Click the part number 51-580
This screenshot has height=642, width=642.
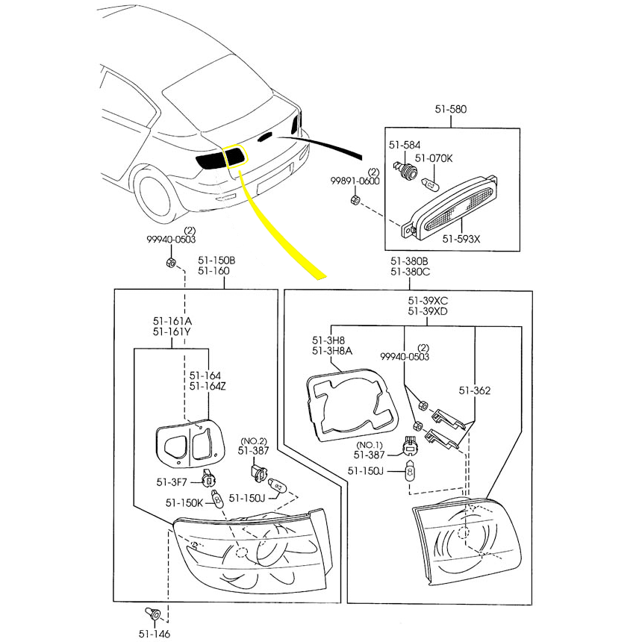pos(450,109)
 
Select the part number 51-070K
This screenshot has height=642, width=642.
pos(434,158)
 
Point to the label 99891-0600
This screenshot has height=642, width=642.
pos(355,181)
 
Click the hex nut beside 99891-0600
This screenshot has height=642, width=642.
pos(356,199)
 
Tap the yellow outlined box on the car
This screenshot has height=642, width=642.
pos(234,155)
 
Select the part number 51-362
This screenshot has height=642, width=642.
pos(474,390)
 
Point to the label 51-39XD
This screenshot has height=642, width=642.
pos(428,311)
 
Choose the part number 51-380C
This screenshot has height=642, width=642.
pos(410,272)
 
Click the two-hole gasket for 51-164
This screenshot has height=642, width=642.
pos(185,444)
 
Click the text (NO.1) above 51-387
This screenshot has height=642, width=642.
pos(369,444)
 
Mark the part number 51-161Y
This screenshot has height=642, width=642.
pos(171,331)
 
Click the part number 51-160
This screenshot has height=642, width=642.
pos(214,271)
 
